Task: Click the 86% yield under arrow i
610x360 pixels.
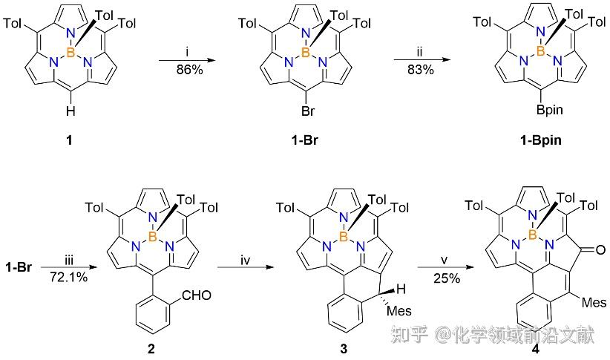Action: pyautogui.click(x=189, y=70)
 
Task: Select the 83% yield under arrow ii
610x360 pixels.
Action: pyautogui.click(x=421, y=70)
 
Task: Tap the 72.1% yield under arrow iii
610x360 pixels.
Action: pyautogui.click(x=68, y=277)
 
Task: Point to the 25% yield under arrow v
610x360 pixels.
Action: pyautogui.click(x=447, y=278)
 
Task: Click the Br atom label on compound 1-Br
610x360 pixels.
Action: pyautogui.click(x=308, y=111)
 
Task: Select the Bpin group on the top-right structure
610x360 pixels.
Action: pyautogui.click(x=550, y=111)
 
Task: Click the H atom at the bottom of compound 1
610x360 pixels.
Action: pyautogui.click(x=70, y=111)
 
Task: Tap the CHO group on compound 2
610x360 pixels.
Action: pyautogui.click(x=197, y=295)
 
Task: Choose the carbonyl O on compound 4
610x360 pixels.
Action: pyautogui.click(x=600, y=249)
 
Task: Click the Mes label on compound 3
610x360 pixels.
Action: pyautogui.click(x=399, y=311)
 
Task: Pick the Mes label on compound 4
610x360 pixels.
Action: pyautogui.click(x=594, y=302)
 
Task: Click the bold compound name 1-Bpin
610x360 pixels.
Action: pyautogui.click(x=541, y=140)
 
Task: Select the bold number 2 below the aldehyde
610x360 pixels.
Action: pyautogui.click(x=151, y=348)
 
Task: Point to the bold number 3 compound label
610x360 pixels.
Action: pyautogui.click(x=344, y=348)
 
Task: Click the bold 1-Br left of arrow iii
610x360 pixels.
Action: pyautogui.click(x=19, y=267)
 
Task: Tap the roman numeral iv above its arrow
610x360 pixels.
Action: pyautogui.click(x=245, y=260)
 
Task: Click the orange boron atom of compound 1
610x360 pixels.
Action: pyautogui.click(x=70, y=52)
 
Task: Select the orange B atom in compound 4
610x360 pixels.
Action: pyautogui.click(x=533, y=235)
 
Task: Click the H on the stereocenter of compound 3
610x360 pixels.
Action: pyautogui.click(x=401, y=289)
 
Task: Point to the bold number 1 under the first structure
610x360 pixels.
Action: pyautogui.click(x=69, y=140)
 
